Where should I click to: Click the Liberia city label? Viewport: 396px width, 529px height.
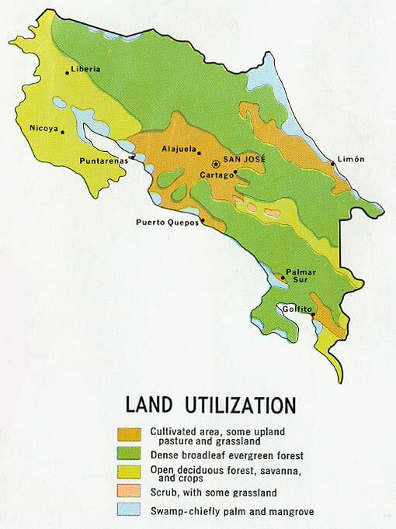coord(85,68)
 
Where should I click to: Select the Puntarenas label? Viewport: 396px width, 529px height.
coord(103,161)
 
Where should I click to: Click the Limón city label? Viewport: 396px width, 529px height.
coord(351,160)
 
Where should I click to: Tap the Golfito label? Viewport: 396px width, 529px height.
coord(297,309)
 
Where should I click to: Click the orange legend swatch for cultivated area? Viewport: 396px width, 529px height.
coord(128,434)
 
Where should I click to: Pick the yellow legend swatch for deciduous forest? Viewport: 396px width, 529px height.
coord(128,472)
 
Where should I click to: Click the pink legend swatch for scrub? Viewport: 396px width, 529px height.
coord(128,492)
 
